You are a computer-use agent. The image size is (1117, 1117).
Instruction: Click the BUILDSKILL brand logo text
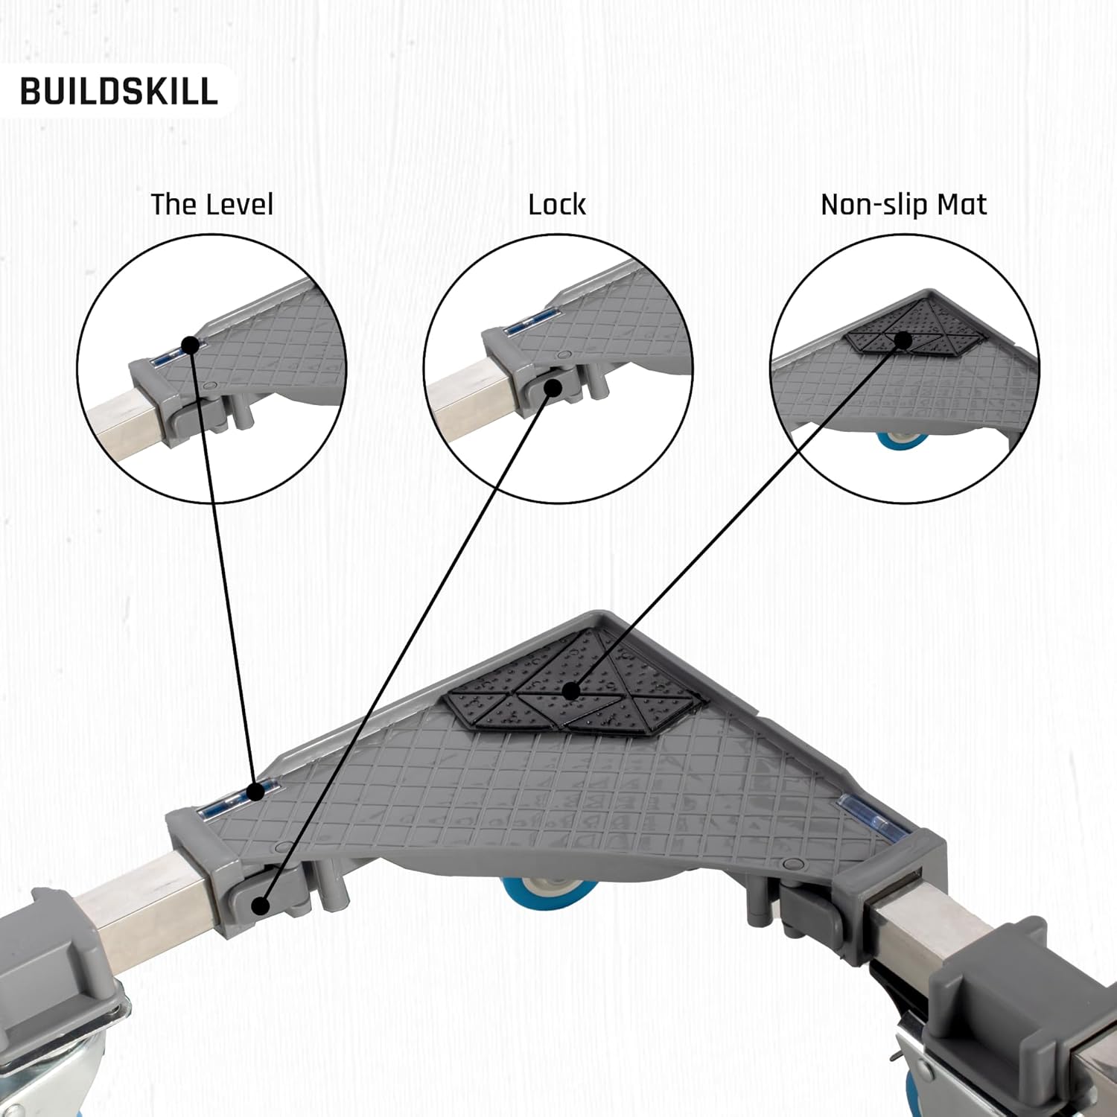[119, 91]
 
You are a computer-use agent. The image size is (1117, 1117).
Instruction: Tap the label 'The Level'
[212, 204]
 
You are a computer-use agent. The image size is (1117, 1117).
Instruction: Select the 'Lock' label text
[557, 204]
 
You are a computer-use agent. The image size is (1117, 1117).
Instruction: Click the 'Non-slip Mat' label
[903, 204]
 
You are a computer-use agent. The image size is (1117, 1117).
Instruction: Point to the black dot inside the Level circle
[191, 344]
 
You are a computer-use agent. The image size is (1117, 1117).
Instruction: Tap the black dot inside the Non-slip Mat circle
[903, 340]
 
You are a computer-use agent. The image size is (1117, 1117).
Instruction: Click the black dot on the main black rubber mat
[571, 691]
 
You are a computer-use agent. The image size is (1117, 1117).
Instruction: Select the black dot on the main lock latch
[260, 906]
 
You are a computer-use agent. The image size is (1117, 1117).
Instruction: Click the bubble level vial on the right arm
[862, 812]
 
